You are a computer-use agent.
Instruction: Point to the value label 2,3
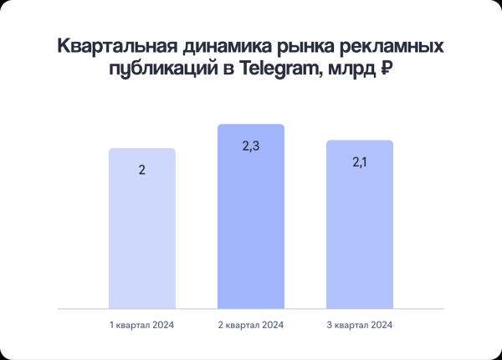click(251, 147)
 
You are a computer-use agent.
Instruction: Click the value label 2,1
click(360, 162)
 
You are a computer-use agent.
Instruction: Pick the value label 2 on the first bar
click(142, 170)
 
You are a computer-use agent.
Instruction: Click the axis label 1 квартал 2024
click(142, 324)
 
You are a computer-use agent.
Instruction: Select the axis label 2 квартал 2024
click(251, 324)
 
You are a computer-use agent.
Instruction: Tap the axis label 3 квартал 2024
click(360, 324)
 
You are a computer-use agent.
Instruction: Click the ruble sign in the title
click(387, 71)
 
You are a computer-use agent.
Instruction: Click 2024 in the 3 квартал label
click(380, 324)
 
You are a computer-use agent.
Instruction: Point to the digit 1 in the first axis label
click(111, 324)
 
